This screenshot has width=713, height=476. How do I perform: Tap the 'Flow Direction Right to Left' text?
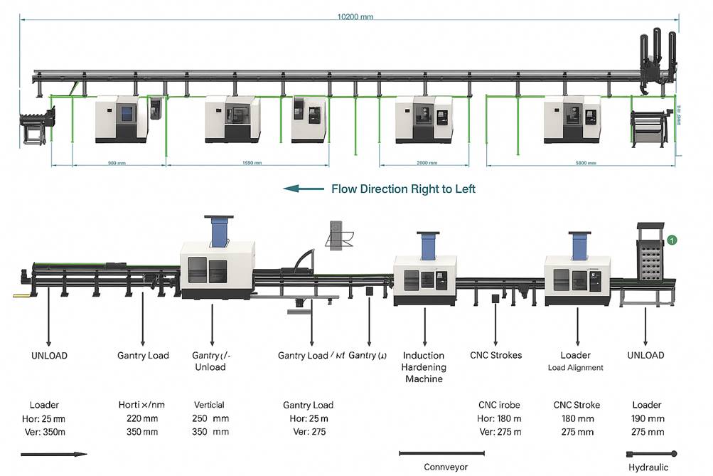point(403,189)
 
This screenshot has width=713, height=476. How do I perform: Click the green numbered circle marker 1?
point(672,240)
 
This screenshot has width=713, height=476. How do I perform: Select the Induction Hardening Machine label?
point(424,367)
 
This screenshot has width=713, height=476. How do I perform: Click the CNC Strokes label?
point(495,355)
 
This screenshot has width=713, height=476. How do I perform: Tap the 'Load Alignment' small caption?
point(575,368)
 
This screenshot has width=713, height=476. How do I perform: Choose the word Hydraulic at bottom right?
point(648,467)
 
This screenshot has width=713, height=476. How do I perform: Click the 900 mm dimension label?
point(117,163)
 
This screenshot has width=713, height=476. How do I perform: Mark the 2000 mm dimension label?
point(427,163)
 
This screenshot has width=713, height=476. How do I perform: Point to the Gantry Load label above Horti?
point(143,355)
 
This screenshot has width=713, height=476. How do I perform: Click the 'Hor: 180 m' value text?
point(500,418)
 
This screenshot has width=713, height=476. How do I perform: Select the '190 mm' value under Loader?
point(648,418)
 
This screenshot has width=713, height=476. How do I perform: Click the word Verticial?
point(209,405)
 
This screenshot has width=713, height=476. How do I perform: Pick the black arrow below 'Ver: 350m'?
point(53,454)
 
